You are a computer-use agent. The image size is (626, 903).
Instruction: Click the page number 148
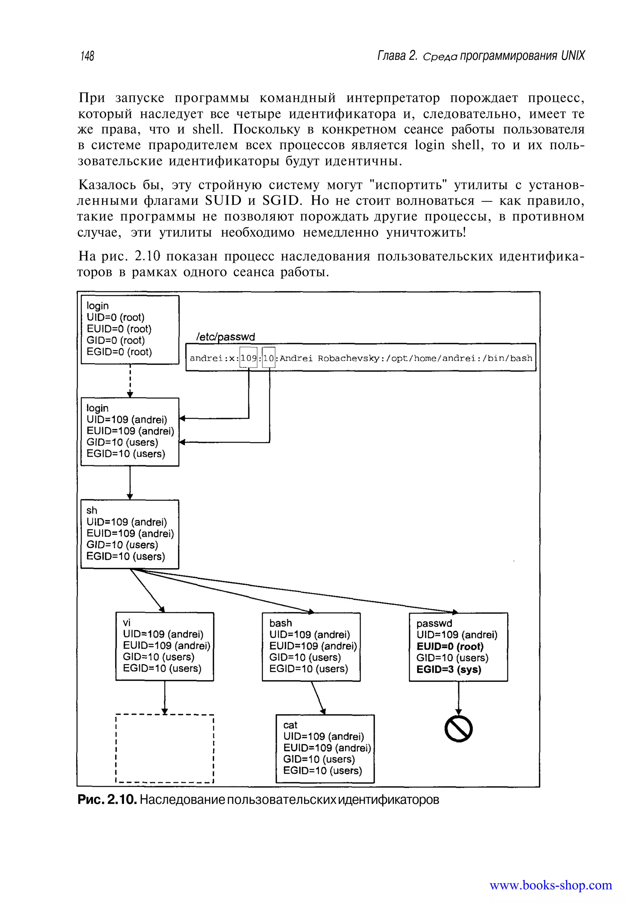pos(87,56)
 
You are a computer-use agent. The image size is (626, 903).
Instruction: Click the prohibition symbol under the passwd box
pos(458,729)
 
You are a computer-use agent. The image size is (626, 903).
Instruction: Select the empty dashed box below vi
pos(165,748)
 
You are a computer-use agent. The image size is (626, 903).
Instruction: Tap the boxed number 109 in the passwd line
pos(248,358)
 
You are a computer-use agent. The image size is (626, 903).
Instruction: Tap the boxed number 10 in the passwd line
pos(269,358)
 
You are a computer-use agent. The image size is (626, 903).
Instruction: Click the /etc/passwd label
pos(225,337)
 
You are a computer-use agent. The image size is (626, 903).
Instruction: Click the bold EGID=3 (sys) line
pos(448,669)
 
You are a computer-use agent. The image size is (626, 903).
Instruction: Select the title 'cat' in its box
pos(290,725)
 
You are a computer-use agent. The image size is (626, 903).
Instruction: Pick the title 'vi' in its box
pos(127,622)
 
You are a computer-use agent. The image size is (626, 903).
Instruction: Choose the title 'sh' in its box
pos(92,510)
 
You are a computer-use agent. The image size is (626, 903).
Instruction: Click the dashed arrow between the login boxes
pos(130,381)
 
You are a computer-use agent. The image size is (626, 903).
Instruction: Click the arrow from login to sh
pos(130,482)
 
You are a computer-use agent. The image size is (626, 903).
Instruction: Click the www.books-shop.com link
pos(551,885)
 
